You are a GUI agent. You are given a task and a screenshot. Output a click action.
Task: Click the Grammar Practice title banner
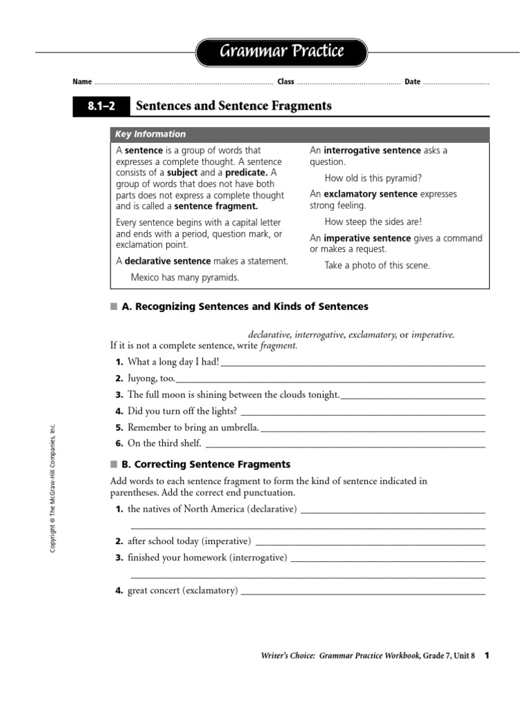pos(282,52)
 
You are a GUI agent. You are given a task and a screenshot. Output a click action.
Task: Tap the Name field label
pos(82,82)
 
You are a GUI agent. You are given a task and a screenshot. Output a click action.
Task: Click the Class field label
pos(286,82)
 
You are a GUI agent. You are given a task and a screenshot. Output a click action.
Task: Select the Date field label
pos(412,82)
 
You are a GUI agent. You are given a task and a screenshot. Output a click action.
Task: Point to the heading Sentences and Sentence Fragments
pos(234,106)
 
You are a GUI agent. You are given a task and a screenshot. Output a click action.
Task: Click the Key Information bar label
pos(150,135)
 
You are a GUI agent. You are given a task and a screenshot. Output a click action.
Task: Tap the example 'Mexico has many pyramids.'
pos(185,278)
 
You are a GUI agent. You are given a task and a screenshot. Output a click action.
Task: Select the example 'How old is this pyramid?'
pos(373,178)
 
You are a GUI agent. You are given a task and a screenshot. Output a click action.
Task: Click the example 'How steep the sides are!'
pos(373,222)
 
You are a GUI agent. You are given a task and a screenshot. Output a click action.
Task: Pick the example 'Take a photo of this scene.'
pos(377,266)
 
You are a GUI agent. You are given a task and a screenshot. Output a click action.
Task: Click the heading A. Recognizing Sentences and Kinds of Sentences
pos(245,307)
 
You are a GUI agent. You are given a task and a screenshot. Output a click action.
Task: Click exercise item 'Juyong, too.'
pos(151,378)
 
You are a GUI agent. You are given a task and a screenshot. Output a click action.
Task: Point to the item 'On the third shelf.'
pos(164,444)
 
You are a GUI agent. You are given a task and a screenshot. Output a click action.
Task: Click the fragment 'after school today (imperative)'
pos(189,541)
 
